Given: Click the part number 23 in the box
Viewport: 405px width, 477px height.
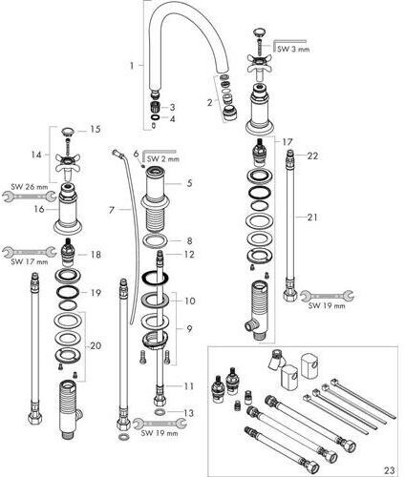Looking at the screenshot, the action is [390, 469].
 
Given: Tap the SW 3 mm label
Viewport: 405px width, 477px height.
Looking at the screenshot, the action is [293, 50].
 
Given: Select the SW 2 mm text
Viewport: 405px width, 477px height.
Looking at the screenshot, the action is [162, 158].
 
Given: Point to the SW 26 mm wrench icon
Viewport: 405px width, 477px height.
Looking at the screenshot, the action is [29, 197].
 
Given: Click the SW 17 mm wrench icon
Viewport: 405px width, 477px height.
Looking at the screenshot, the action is [30, 252].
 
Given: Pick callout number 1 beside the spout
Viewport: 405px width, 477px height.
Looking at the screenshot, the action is [132, 66].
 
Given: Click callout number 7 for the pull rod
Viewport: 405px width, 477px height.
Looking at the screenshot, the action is [112, 210].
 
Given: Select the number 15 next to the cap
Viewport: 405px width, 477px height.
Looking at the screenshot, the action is [96, 130].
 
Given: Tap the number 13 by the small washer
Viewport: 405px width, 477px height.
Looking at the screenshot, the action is [188, 413].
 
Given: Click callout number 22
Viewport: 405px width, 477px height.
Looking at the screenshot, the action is [312, 156].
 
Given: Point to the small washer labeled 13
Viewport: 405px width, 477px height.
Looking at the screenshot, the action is [160, 412].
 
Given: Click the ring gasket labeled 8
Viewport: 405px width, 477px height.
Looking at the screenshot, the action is [154, 240].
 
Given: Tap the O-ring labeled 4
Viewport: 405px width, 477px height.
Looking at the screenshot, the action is [154, 117].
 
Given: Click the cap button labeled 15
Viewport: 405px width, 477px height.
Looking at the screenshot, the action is [67, 131].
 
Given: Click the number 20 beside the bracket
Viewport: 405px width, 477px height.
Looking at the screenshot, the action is [96, 345].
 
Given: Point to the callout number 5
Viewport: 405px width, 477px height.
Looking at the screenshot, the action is [189, 183].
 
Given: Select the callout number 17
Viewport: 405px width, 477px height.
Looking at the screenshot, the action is [287, 142].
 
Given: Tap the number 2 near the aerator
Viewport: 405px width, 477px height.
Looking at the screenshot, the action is [209, 103].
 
